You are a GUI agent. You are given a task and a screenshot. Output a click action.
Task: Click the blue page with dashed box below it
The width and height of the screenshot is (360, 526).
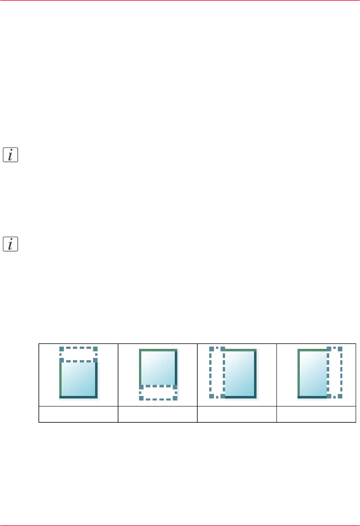[158, 367]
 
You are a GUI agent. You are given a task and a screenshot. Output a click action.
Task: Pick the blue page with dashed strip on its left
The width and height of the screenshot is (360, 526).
[240, 374]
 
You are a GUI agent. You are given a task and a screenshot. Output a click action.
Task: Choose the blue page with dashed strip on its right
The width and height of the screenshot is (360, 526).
[312, 374]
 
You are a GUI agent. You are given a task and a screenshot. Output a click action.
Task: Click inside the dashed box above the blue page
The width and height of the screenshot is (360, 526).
[78, 354]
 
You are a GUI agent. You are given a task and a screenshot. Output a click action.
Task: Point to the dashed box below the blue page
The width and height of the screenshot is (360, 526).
[158, 392]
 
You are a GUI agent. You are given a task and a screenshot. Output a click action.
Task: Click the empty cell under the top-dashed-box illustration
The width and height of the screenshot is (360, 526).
[78, 414]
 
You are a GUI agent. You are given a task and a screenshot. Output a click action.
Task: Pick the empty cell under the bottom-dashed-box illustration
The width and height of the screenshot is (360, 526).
[158, 414]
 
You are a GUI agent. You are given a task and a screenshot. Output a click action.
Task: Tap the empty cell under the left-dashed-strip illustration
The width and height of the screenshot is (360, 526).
[237, 414]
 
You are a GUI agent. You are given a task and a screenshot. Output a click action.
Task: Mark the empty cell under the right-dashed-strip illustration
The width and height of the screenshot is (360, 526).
[316, 414]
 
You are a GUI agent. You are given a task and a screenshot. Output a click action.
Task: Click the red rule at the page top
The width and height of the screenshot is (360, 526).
[180, 1]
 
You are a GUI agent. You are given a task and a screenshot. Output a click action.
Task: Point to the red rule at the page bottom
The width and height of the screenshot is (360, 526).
[180, 525]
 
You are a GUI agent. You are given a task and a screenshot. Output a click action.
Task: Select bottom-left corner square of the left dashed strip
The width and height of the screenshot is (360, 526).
[211, 396]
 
